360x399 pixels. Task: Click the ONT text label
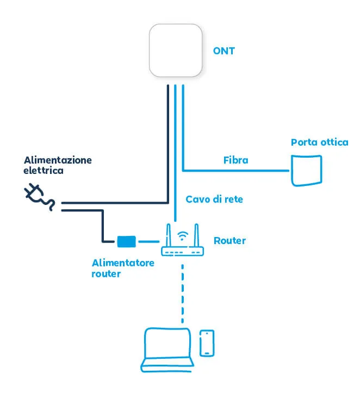coord(224,52)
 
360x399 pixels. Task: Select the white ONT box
coord(176,51)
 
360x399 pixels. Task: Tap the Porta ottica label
coord(319,142)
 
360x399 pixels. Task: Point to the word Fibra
coord(235,160)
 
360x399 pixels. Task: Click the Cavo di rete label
coord(214,199)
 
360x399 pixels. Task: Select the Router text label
coord(229,240)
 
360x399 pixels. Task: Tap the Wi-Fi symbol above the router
coord(183,236)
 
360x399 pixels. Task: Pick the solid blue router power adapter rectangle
coord(126,240)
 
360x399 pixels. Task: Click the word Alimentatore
coord(123,263)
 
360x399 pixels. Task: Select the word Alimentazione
coord(58,160)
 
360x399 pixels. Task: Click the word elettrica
coord(44,171)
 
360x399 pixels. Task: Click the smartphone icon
coord(206,343)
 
